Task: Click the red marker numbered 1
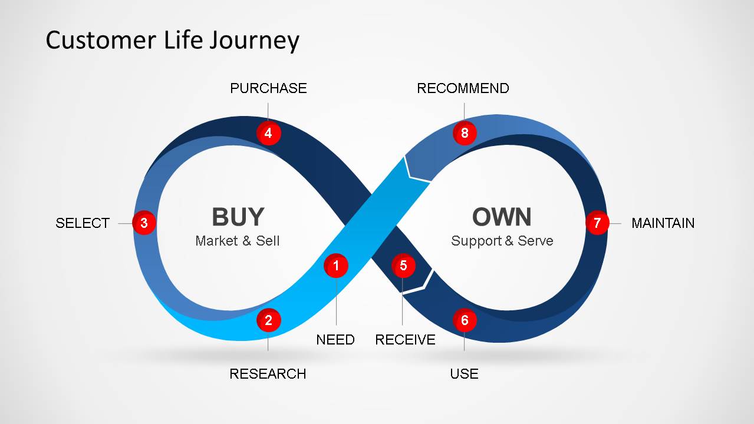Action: (336, 266)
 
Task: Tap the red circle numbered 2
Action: (268, 320)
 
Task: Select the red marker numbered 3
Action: (144, 223)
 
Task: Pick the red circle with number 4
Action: (268, 133)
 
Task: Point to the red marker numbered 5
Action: (403, 266)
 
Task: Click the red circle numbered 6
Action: (465, 320)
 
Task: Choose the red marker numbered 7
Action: (597, 223)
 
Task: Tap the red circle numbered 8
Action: (465, 133)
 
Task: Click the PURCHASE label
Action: (268, 88)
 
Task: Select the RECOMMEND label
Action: (463, 88)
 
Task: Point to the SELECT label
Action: (83, 223)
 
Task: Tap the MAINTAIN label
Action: (663, 223)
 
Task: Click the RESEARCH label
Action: (268, 374)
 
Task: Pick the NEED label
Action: (335, 340)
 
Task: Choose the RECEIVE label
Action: (405, 340)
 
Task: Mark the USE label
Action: (464, 374)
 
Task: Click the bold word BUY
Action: (238, 217)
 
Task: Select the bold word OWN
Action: (502, 217)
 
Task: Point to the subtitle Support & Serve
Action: (502, 241)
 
